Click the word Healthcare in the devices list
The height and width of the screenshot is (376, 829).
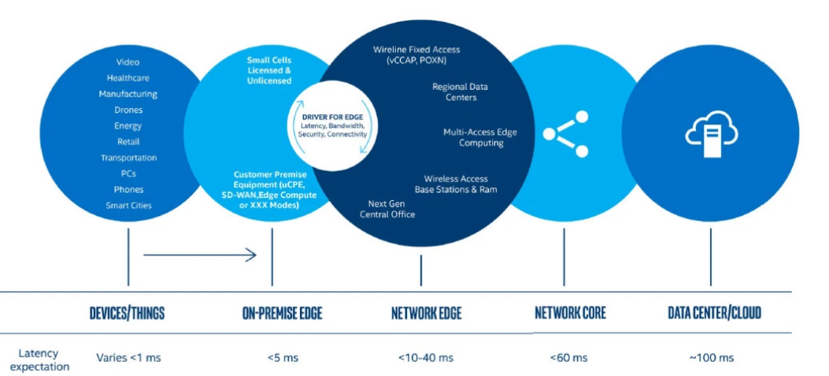(x=128, y=78)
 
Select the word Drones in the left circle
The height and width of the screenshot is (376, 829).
(x=128, y=110)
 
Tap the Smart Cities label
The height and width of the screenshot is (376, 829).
(x=128, y=206)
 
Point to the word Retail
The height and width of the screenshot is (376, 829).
(x=128, y=142)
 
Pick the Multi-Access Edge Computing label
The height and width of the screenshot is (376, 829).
(x=480, y=138)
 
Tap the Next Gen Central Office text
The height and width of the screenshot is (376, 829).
(x=391, y=209)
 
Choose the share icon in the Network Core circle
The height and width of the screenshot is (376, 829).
(x=565, y=131)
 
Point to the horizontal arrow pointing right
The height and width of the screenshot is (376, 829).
(x=200, y=255)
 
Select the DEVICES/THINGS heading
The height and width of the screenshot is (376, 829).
(x=127, y=313)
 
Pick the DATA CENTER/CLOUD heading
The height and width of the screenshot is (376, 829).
(x=714, y=313)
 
